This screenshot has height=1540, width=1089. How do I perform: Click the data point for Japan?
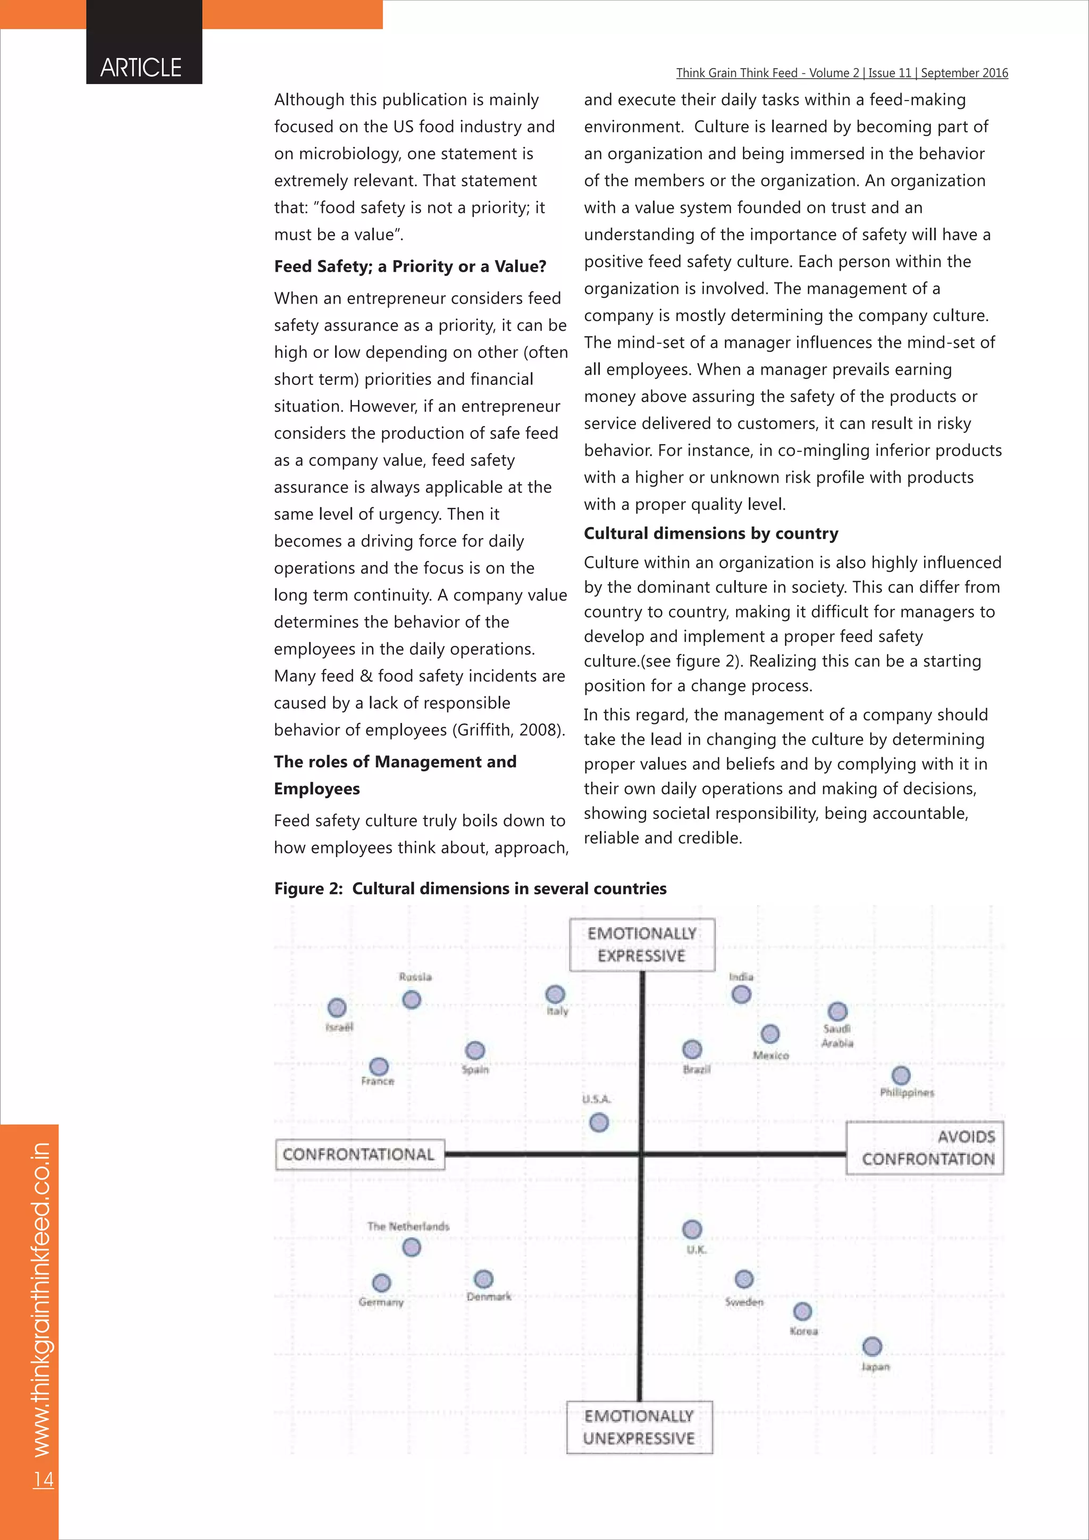pyautogui.click(x=872, y=1346)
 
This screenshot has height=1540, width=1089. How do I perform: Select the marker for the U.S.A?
pyautogui.click(x=599, y=1122)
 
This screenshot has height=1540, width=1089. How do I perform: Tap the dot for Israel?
pyautogui.click(x=337, y=1008)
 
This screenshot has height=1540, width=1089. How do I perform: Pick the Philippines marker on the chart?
pyautogui.click(x=901, y=1076)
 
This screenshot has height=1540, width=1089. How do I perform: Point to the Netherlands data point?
pyautogui.click(x=411, y=1247)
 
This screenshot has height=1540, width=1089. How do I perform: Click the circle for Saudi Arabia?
pyautogui.click(x=837, y=1011)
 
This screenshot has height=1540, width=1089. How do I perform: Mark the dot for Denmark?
pyautogui.click(x=483, y=1279)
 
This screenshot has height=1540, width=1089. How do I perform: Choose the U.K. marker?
pyautogui.click(x=692, y=1229)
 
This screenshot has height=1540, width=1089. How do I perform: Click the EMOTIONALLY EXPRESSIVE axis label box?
pyautogui.click(x=642, y=944)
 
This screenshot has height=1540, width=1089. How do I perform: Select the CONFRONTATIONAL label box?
pyautogui.click(x=359, y=1154)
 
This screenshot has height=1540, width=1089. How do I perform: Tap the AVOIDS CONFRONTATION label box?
pyautogui.click(x=925, y=1148)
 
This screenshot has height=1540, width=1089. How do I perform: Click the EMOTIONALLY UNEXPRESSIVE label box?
pyautogui.click(x=639, y=1427)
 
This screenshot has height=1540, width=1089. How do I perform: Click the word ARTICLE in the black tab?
pyautogui.click(x=141, y=68)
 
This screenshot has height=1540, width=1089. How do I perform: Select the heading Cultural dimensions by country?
pyautogui.click(x=711, y=533)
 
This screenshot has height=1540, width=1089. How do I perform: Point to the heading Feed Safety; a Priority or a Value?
pyautogui.click(x=410, y=266)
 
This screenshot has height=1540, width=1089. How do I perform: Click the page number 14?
pyautogui.click(x=44, y=1479)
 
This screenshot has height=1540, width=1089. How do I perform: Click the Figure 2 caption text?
pyautogui.click(x=470, y=888)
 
